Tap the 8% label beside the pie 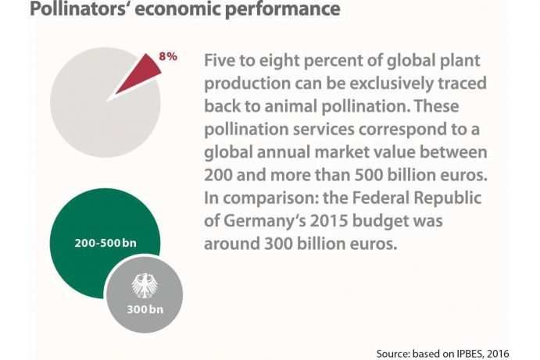click(x=168, y=57)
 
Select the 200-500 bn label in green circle click(x=105, y=243)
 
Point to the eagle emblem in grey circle click(x=144, y=284)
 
